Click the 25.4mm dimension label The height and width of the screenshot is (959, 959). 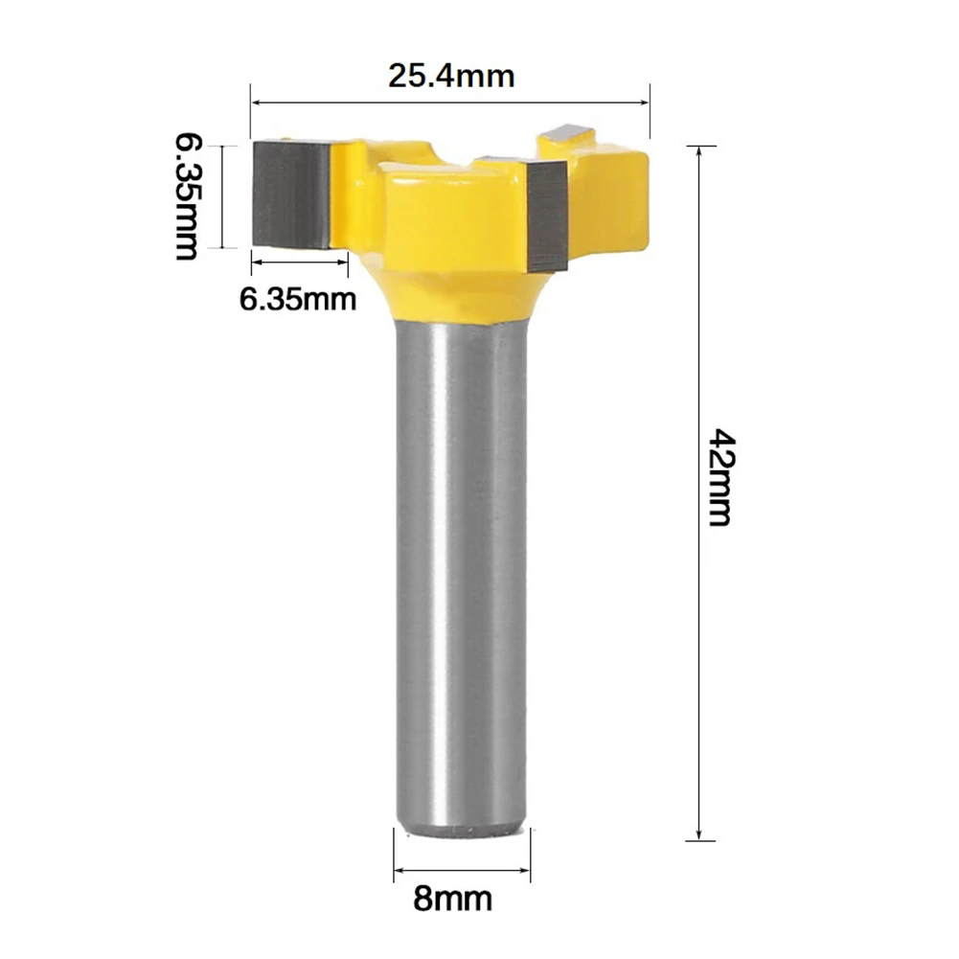click(451, 77)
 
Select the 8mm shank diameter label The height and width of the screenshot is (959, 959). click(452, 900)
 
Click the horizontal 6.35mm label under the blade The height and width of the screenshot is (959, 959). click(298, 300)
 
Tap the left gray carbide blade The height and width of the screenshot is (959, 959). click(291, 194)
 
